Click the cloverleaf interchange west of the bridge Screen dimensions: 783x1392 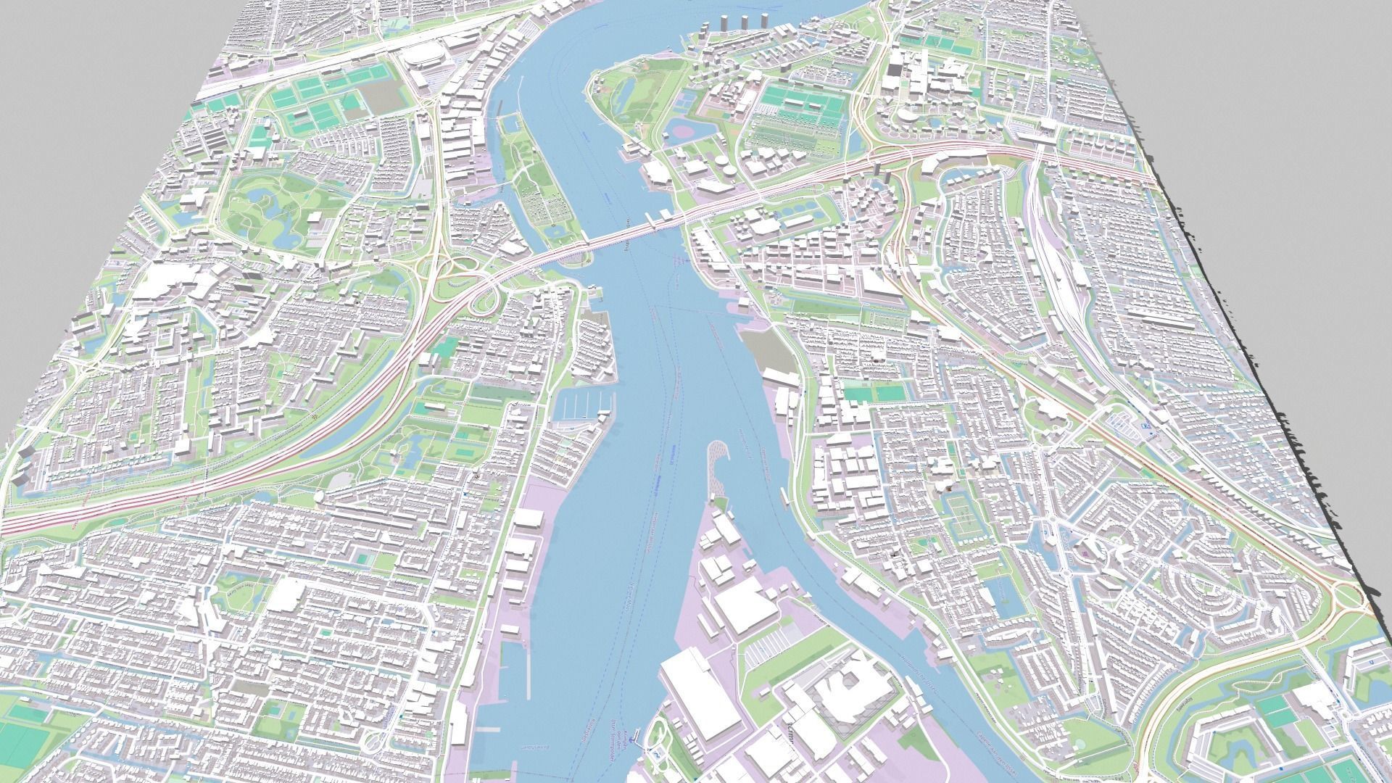pos(464,279)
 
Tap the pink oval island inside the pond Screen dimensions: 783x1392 pos(681,130)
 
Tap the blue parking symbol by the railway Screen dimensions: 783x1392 pos(1145,426)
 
